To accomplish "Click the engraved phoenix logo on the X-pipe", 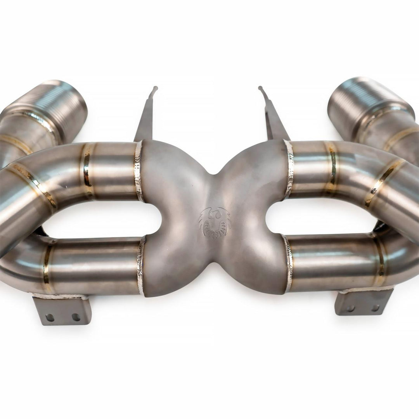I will pos(215,222).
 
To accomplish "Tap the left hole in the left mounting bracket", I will pos(50,317).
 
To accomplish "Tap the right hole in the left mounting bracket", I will pos(76,317).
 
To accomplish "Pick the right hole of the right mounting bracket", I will pos(375,308).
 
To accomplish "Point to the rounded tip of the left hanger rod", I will pos(155,88).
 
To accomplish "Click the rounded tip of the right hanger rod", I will pos(261,88).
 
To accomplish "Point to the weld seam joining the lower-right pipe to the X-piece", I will pos(287,264).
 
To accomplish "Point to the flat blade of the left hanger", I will pos(145,120).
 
